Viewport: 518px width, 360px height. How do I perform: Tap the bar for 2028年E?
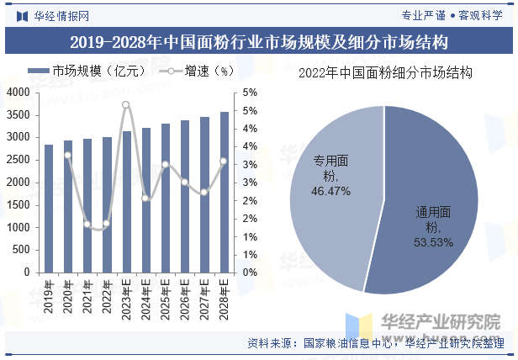[x=224, y=193]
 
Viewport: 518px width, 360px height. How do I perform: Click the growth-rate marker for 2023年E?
[x=126, y=105]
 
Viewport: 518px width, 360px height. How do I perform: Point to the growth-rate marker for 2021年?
[x=87, y=224]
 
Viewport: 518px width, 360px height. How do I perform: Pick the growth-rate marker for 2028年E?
[x=224, y=161]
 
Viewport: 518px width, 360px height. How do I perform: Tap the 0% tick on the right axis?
[x=250, y=273]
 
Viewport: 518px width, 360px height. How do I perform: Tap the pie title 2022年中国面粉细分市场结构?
[x=385, y=73]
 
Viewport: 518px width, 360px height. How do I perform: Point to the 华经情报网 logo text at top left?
[x=61, y=15]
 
